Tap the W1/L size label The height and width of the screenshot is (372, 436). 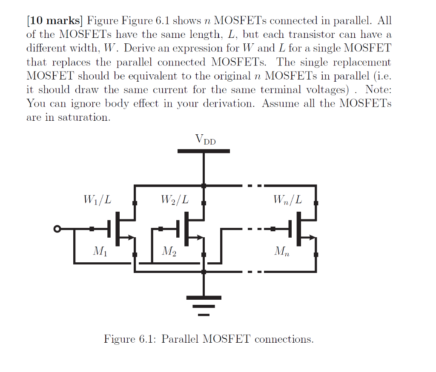tap(98, 199)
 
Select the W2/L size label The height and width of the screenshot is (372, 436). tap(175, 199)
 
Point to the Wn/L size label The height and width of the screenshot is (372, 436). tap(288, 199)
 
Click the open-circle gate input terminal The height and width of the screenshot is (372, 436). tap(57, 229)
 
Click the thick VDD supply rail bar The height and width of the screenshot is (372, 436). tap(204, 151)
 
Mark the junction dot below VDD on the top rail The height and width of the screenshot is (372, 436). tap(204, 186)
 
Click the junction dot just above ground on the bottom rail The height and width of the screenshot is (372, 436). tap(204, 271)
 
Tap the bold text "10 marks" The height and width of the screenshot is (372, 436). tap(54, 20)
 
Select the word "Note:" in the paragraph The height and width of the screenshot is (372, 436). tap(378, 90)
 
